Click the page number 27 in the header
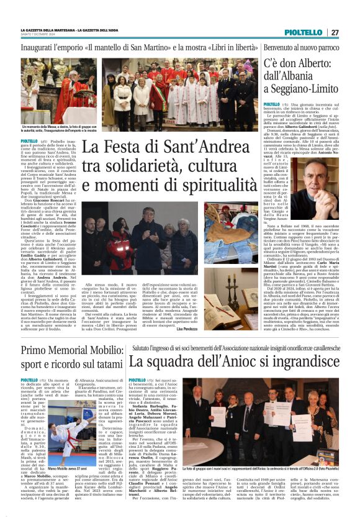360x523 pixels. click(x=335, y=32)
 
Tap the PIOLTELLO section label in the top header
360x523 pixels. click(x=304, y=32)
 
